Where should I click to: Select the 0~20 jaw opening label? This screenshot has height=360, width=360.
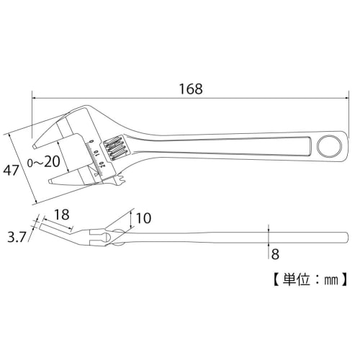(x=42, y=162)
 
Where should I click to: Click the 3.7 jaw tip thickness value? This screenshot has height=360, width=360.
(x=16, y=235)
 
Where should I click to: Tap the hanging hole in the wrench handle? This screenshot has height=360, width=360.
(x=329, y=145)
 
